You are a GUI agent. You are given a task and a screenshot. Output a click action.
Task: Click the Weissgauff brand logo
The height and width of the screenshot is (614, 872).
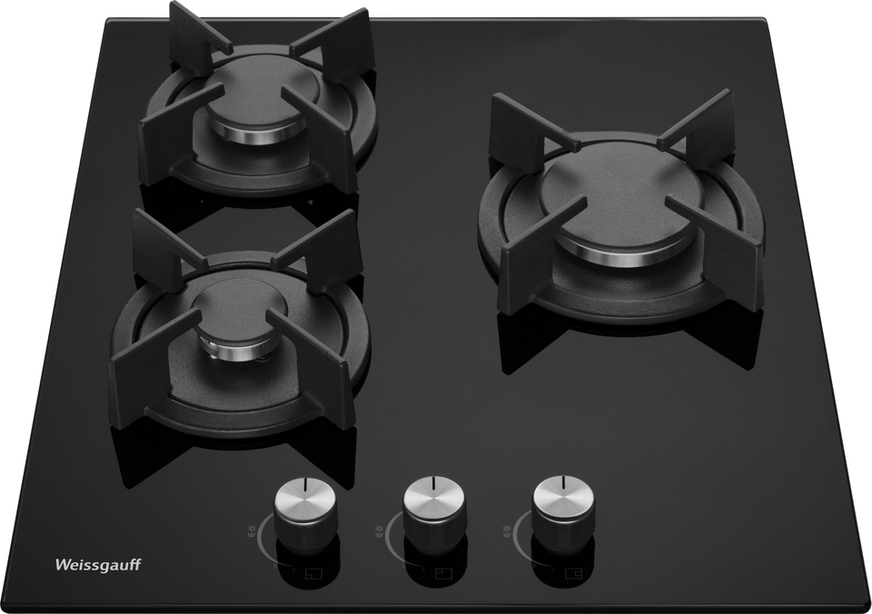tap(98, 565)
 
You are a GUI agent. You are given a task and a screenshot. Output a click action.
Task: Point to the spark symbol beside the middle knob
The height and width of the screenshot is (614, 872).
tap(380, 529)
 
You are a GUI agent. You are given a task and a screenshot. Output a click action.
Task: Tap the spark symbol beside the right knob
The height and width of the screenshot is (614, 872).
tap(507, 529)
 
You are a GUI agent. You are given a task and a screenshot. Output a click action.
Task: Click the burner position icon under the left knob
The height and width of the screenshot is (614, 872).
tap(314, 573)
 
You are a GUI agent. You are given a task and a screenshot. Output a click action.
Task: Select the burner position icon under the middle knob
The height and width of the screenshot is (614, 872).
tap(443, 573)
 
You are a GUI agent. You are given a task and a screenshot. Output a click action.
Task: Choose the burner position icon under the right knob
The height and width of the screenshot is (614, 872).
tap(571, 573)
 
